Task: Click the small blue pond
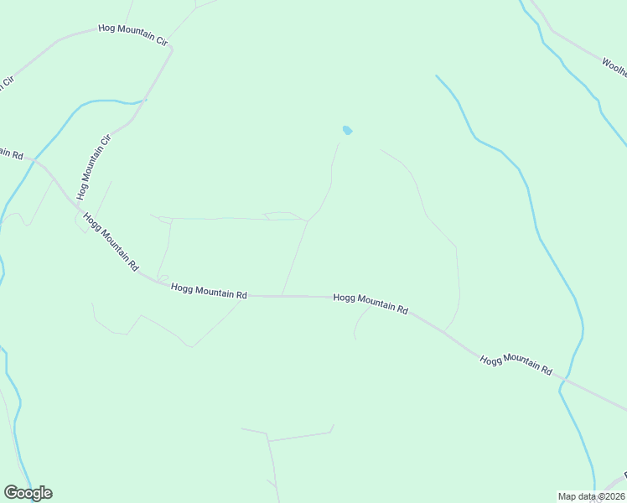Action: coord(347,131)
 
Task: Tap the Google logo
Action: coord(28,493)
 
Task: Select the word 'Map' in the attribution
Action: coord(567,496)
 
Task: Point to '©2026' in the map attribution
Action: coord(610,496)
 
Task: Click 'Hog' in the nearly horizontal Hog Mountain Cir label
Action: coord(106,29)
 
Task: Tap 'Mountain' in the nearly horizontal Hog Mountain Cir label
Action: coord(132,34)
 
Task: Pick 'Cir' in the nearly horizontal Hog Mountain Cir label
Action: coord(158,39)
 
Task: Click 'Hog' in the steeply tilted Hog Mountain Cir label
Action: coord(81,189)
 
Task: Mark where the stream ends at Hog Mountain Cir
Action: coord(145,100)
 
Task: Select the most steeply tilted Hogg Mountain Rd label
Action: coord(110,241)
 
